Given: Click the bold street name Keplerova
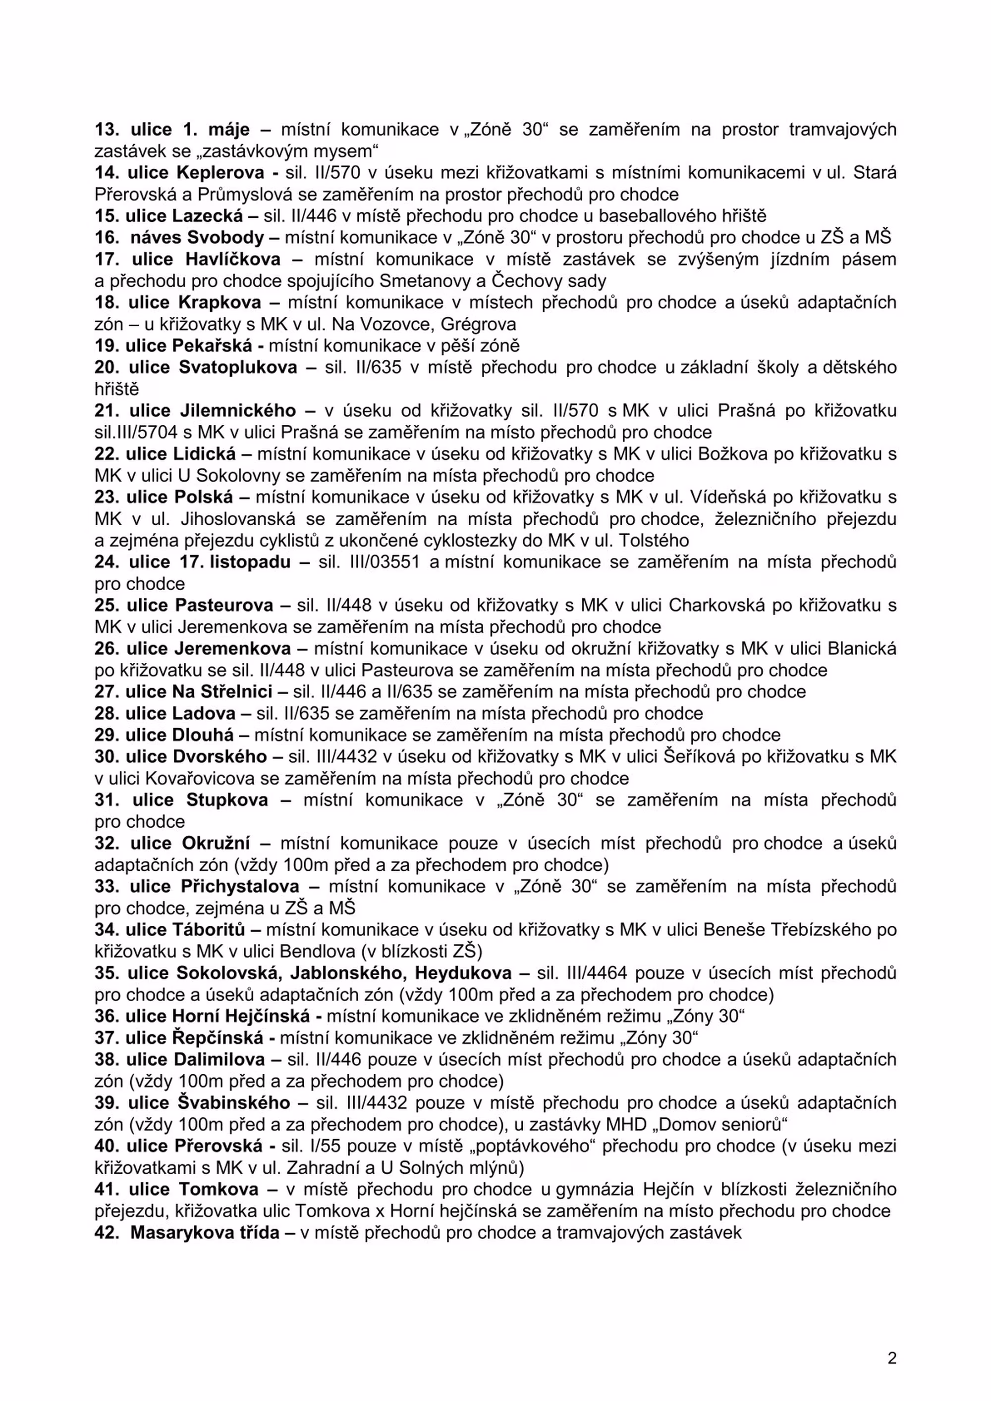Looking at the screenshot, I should [x=220, y=173].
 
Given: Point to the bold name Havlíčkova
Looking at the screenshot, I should [x=233, y=259].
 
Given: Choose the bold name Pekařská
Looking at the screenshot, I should [x=212, y=346].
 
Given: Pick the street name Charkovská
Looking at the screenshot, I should [x=716, y=605].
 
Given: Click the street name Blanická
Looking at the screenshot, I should [x=862, y=649].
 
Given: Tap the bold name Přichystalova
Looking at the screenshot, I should [x=240, y=887].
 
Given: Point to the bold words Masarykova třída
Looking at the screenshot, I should [x=205, y=1233].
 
